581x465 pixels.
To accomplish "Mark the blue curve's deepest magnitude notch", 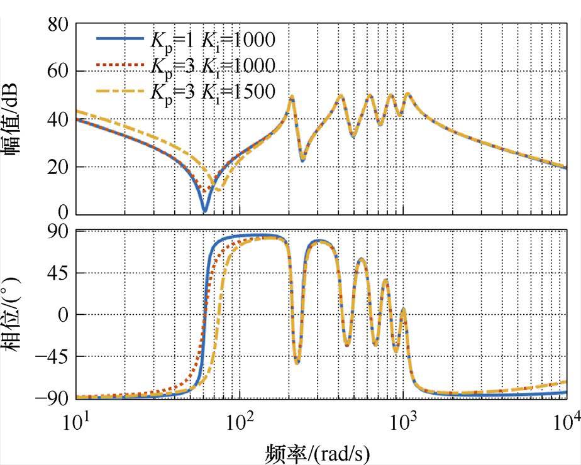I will click(x=204, y=211).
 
